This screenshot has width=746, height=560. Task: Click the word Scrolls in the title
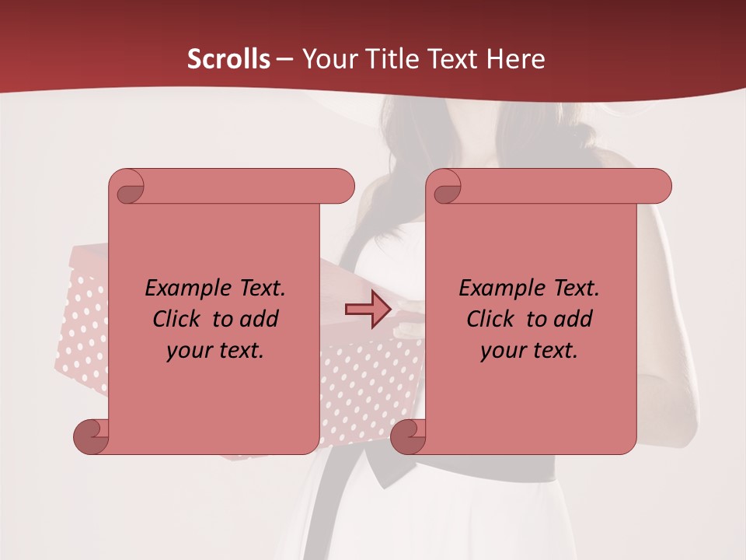click(228, 59)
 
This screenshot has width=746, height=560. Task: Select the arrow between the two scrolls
click(368, 310)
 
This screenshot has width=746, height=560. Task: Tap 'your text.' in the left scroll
click(215, 350)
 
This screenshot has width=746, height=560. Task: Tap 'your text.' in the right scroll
click(529, 350)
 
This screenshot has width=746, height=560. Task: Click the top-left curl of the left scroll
click(127, 187)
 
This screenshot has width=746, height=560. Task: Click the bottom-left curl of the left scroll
click(90, 436)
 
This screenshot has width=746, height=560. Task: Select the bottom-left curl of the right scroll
click(407, 436)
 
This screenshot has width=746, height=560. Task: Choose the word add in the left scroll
click(260, 319)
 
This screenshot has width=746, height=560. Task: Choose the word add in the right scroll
click(573, 319)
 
